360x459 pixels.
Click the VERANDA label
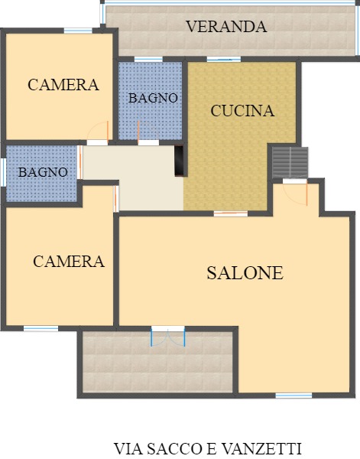[x=226, y=27]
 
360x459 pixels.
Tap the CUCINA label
[x=242, y=111]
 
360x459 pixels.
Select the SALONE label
[x=245, y=273]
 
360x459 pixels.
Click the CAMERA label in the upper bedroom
[x=63, y=85]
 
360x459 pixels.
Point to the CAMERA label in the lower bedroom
[x=68, y=262]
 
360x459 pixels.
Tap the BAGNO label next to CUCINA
[x=153, y=98]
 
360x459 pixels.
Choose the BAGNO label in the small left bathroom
[x=43, y=172]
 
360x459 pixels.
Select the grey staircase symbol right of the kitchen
[x=290, y=161]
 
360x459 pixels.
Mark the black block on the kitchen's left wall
[x=179, y=161]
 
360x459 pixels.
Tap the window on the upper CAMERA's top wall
[x=78, y=31]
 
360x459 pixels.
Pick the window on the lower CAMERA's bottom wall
[x=41, y=329]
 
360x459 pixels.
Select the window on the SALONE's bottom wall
[x=294, y=396]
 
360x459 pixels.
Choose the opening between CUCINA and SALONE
[x=230, y=213]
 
